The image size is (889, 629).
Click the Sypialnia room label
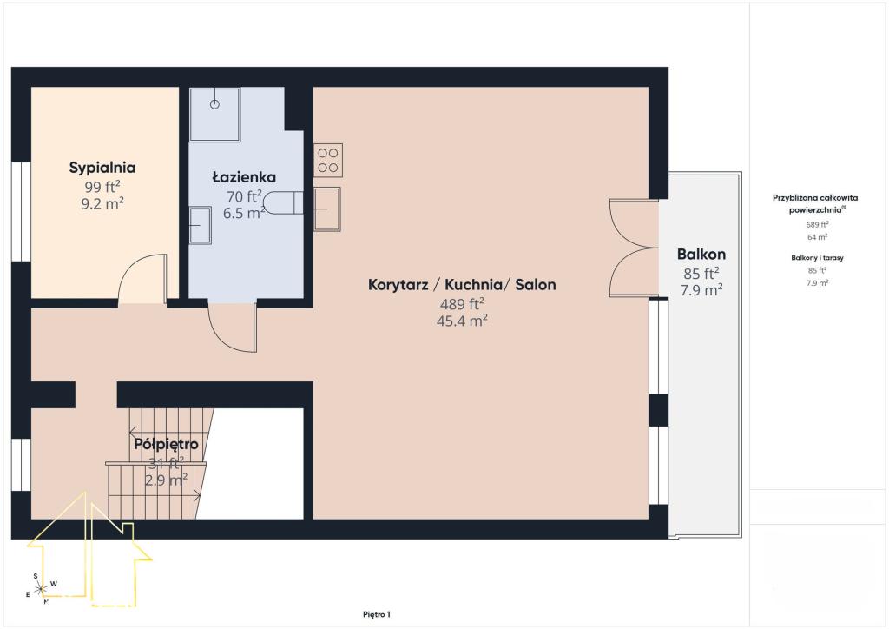pyautogui.click(x=102, y=168)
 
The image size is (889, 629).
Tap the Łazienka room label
pyautogui.click(x=244, y=177)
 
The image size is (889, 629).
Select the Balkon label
pyautogui.click(x=701, y=254)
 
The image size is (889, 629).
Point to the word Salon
pyautogui.click(x=535, y=284)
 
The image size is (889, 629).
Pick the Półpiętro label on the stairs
pyautogui.click(x=166, y=444)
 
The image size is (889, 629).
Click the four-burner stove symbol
pyautogui.click(x=328, y=161)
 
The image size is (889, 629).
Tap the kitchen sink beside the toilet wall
pyautogui.click(x=327, y=209)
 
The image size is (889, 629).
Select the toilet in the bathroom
pyautogui.click(x=283, y=203)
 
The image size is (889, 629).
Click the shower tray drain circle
pyautogui.click(x=214, y=104)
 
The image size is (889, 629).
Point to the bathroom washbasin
pyautogui.click(x=201, y=226)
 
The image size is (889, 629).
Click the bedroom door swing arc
pyautogui.click(x=136, y=267)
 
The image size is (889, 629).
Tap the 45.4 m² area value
pyautogui.click(x=462, y=321)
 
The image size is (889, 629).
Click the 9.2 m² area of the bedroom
pyautogui.click(x=102, y=203)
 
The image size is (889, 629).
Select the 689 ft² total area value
pyautogui.click(x=817, y=225)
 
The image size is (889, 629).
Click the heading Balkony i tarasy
pyautogui.click(x=817, y=257)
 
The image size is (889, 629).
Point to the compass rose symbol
pyautogui.click(x=41, y=589)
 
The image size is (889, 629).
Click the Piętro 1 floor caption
pyautogui.click(x=377, y=614)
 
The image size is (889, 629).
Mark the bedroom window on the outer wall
pyautogui.click(x=21, y=212)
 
